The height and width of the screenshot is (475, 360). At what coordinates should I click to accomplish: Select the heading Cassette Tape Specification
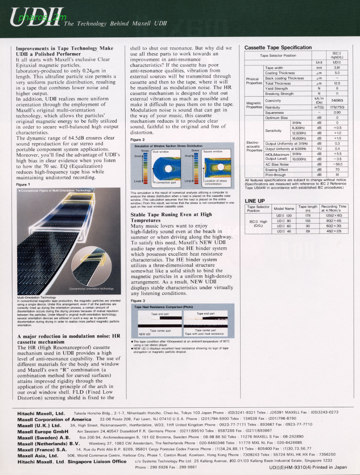[278, 47]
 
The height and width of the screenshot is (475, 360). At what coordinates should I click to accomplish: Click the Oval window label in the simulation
[161, 152]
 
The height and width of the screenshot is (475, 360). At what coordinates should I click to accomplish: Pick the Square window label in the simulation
[213, 152]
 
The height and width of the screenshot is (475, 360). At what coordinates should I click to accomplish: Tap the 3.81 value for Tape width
[337, 68]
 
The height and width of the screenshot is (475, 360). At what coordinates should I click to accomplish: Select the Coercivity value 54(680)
[337, 101]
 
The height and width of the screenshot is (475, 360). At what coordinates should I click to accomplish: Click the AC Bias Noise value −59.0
[337, 164]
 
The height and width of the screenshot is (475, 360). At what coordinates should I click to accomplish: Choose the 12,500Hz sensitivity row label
[299, 133]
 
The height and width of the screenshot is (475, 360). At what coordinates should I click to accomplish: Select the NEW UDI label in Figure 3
[145, 334]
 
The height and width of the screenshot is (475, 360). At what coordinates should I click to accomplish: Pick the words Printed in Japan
[325, 468]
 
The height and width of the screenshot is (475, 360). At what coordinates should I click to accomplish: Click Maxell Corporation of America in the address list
[54, 419]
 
